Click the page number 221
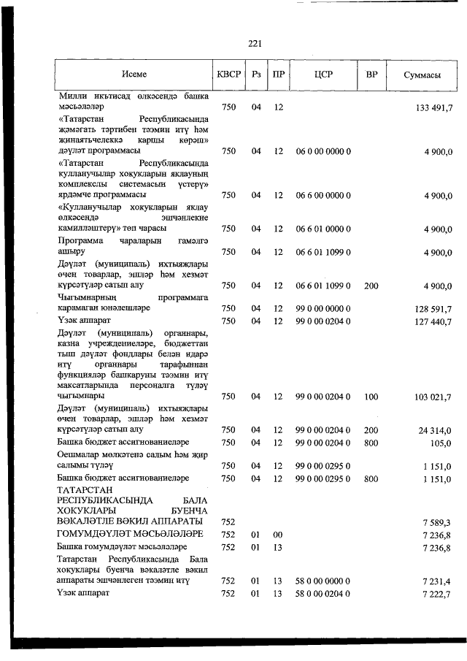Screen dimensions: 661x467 255,44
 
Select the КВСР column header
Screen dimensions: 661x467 228,74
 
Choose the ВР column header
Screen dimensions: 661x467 371,74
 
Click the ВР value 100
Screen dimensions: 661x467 371,397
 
